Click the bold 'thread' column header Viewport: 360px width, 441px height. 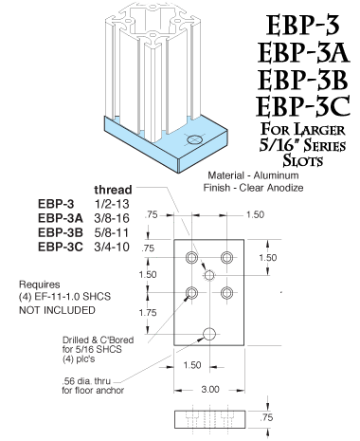click(112, 189)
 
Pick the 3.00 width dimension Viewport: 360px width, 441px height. click(210, 389)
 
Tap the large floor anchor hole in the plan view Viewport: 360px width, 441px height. click(210, 333)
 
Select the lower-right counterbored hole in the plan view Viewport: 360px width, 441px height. click(227, 291)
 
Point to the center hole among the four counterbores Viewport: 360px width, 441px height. click(210, 274)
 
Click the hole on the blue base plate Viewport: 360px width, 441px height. click(194, 139)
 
